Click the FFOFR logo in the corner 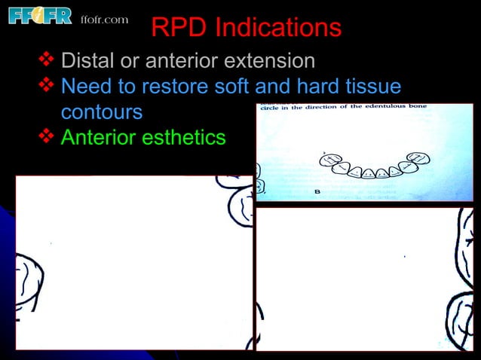click(40, 17)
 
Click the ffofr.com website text click(104, 19)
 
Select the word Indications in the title click(278, 28)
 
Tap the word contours click(101, 113)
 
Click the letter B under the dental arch click(317, 192)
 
